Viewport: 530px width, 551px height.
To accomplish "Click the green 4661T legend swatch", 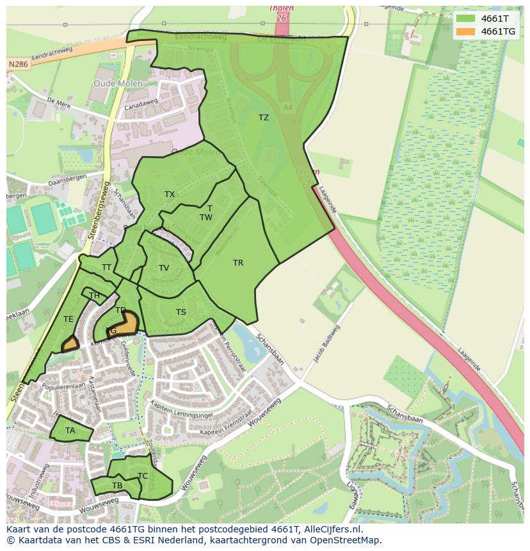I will (466, 19).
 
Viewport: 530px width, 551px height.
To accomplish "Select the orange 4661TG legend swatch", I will (466, 31).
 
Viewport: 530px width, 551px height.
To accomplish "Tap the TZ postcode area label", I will (264, 118).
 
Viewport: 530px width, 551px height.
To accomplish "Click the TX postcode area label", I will (170, 195).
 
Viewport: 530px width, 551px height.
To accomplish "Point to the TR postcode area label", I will (238, 263).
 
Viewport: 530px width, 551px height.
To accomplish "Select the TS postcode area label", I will (181, 312).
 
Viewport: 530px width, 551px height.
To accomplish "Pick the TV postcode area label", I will (164, 268).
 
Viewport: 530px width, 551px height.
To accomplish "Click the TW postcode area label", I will (205, 218).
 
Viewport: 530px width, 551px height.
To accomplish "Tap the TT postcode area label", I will (106, 268).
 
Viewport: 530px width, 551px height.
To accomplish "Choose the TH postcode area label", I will (95, 296).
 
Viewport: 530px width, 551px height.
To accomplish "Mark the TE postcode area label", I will (68, 319).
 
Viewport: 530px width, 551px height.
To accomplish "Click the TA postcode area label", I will (70, 431).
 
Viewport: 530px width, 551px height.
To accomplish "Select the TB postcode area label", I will (117, 486).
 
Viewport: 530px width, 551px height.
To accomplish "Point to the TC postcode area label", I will (143, 476).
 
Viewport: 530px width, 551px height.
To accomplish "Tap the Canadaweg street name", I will (142, 105).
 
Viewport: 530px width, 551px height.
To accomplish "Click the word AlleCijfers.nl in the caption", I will (333, 530).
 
